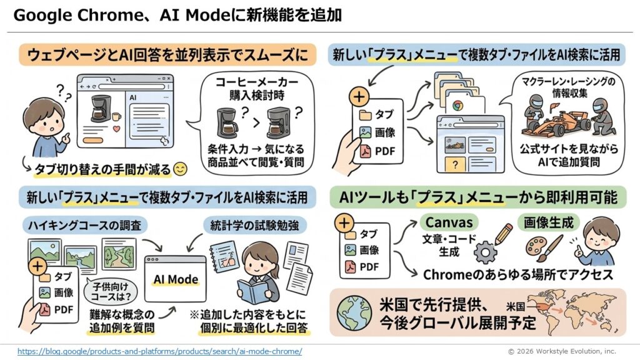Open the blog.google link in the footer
tap(159, 351)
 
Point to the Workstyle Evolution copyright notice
tap(561, 351)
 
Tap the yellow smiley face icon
tap(181, 169)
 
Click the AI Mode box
tap(175, 279)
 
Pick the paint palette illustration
tap(536, 249)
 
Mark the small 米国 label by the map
tap(515, 307)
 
